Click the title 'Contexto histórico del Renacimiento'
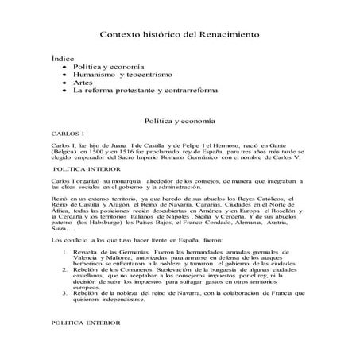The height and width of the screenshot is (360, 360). pyautogui.click(x=180, y=35)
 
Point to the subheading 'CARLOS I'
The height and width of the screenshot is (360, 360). pyautogui.click(x=66, y=136)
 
